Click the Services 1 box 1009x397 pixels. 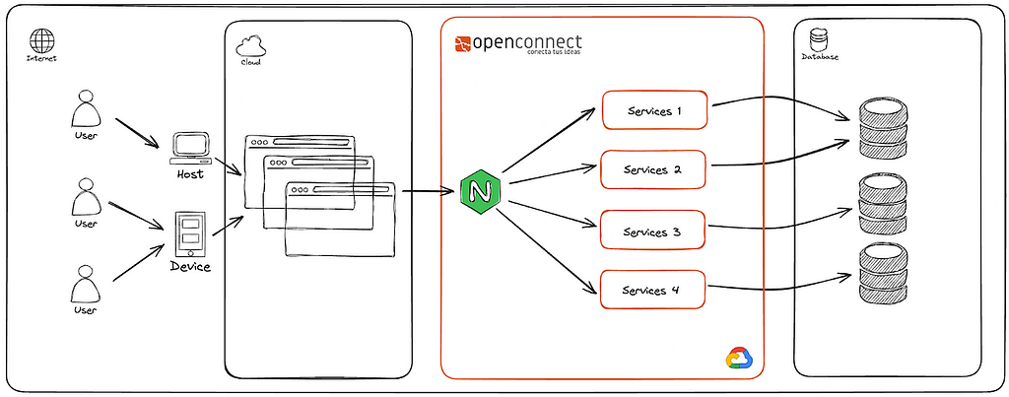click(x=654, y=110)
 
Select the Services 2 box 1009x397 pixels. click(x=653, y=169)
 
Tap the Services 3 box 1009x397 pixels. click(x=653, y=232)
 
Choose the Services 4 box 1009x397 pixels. click(x=653, y=291)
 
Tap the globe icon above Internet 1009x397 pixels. click(x=41, y=40)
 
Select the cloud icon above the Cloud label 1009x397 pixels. click(x=249, y=44)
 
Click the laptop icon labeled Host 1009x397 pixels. click(x=189, y=147)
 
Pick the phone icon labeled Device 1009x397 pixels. click(x=189, y=235)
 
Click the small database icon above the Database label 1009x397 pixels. click(x=817, y=40)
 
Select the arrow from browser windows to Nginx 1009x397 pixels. click(x=427, y=190)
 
